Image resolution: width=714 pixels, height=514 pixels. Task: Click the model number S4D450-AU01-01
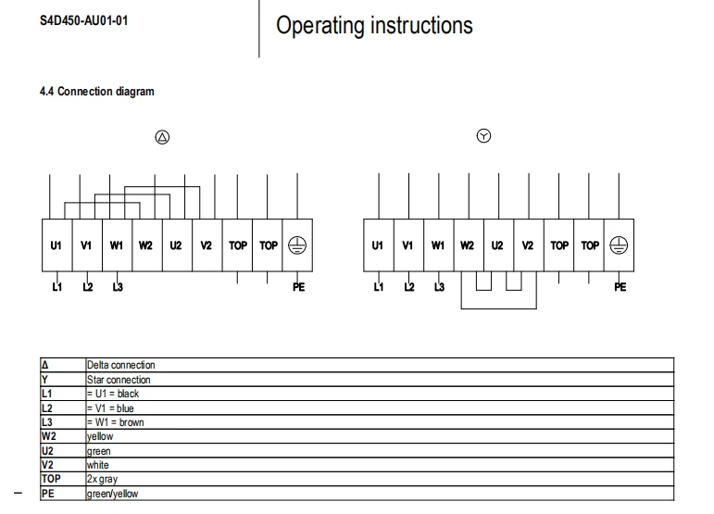[x=83, y=21]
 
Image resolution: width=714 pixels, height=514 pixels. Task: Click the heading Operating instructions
[x=374, y=26]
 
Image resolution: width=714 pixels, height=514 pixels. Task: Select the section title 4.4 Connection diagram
[x=97, y=92]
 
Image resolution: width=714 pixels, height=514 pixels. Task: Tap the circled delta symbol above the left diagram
[x=162, y=137]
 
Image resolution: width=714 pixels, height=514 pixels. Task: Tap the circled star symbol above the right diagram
[x=483, y=135]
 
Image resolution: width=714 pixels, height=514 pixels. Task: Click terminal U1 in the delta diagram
[x=56, y=245]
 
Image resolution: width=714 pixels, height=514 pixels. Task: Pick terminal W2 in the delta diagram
[x=145, y=245]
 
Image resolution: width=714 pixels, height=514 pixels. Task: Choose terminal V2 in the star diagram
[x=527, y=245]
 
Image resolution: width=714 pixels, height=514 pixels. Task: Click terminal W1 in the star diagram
[x=438, y=245]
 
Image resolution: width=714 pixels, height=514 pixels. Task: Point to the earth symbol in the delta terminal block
[x=297, y=245]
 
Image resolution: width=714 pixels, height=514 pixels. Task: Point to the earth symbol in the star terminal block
[x=619, y=245]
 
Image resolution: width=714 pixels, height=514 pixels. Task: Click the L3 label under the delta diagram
[x=118, y=287]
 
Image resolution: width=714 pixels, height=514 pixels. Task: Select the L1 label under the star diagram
[x=379, y=287]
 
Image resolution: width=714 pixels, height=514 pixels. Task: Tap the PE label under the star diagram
[x=620, y=287]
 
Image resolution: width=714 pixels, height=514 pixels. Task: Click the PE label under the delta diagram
[x=299, y=287]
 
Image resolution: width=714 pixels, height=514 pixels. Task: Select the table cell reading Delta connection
[x=121, y=365]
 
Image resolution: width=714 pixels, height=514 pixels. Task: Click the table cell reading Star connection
[x=119, y=380]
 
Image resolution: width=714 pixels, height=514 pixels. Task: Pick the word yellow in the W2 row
[x=100, y=436]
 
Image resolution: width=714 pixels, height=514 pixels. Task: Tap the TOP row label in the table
[x=51, y=479]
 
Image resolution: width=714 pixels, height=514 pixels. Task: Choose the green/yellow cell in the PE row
[x=112, y=494]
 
